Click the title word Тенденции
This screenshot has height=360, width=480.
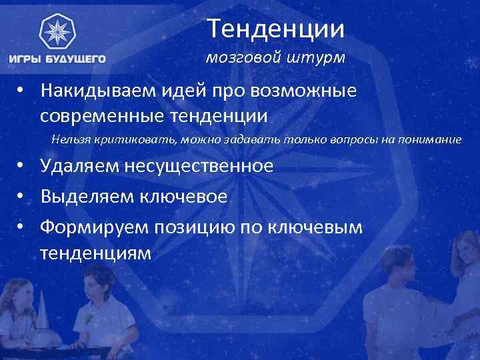pyautogui.click(x=275, y=29)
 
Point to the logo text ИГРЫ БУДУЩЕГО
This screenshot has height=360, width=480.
pyautogui.click(x=57, y=59)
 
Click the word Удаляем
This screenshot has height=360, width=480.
pyautogui.click(x=79, y=166)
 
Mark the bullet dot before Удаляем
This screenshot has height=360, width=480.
pyautogui.click(x=22, y=166)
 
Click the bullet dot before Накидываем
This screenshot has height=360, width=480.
pyautogui.click(x=22, y=91)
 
